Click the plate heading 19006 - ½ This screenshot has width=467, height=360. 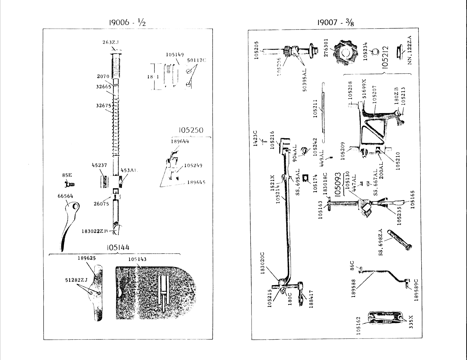click(127, 23)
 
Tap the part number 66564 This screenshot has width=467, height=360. click(65, 196)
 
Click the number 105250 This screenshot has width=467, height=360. click(191, 130)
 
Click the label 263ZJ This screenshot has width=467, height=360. click(110, 42)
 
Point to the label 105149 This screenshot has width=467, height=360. click(175, 55)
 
